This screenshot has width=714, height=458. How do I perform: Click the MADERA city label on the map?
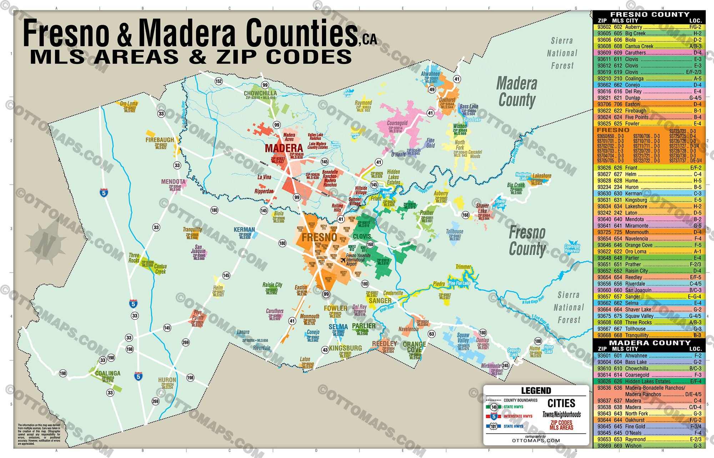coord(284,148)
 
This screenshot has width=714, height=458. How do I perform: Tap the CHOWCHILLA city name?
coord(260,93)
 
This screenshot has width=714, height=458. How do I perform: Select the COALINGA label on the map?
coord(107,373)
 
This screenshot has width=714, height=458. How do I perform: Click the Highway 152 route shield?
coord(218,81)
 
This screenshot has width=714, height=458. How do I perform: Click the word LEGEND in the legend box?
coord(536,390)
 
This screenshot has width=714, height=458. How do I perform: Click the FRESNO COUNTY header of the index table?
coord(649,14)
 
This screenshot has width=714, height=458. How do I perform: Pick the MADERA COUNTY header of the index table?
coord(649,343)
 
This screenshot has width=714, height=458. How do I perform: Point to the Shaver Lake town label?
coord(482,208)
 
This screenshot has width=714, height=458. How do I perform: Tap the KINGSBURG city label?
coord(345,348)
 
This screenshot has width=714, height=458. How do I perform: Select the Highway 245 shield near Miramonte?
coord(506,365)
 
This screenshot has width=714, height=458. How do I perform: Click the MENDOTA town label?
coord(173,182)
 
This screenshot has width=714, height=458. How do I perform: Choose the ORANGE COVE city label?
coord(414,347)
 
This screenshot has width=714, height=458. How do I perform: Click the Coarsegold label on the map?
coord(397,123)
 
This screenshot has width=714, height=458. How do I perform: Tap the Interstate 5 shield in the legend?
coord(494,417)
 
